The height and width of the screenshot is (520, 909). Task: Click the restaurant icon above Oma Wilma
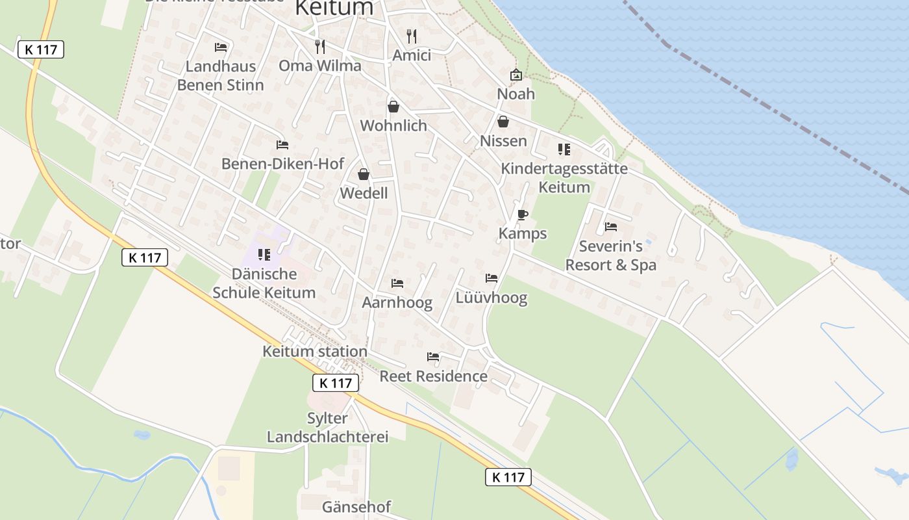319,46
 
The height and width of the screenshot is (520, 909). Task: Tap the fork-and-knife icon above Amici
412,36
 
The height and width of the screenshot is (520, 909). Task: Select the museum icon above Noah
516,75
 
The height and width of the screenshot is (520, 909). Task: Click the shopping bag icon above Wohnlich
393,106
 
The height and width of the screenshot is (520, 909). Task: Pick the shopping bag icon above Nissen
503,122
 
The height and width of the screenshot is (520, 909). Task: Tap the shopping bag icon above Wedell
364,174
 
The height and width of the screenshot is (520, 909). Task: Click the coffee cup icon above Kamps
522,214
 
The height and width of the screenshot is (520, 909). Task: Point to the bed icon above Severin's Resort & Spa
610,227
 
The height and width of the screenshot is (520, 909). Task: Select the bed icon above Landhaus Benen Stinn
221,47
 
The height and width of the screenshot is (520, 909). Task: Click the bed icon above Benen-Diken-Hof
282,144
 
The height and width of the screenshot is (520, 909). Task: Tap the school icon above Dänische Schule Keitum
264,254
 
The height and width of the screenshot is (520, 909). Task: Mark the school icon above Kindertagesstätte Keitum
564,149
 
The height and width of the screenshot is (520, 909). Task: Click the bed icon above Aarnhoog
397,283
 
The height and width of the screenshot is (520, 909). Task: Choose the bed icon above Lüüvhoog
492,278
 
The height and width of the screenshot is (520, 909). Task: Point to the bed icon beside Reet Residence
433,357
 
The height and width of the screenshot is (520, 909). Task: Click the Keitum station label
314,352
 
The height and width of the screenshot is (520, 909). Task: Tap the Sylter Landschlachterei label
327,427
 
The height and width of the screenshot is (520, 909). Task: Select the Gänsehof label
356,506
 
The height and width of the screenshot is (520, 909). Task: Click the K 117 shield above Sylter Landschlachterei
336,383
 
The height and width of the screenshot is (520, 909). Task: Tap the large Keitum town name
334,8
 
